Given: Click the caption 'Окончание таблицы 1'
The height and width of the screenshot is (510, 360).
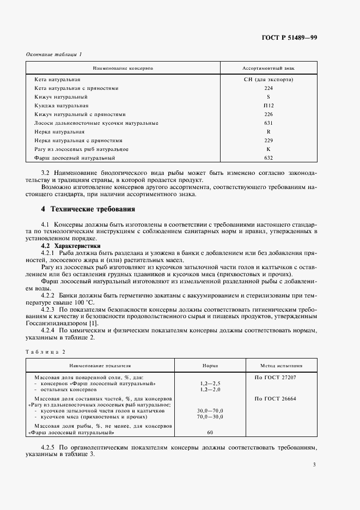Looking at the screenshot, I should [54, 54].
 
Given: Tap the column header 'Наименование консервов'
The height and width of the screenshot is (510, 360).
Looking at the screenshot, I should [123, 69].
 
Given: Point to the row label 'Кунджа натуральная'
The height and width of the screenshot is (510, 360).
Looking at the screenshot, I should [61, 106].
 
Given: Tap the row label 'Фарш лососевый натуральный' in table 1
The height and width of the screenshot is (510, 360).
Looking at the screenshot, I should [75, 158].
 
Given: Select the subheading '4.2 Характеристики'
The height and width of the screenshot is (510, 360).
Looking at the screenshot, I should [65, 246].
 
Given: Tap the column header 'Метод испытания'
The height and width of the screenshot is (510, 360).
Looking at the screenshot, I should [282, 366].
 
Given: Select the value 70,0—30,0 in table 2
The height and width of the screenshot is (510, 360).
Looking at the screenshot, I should [210, 416].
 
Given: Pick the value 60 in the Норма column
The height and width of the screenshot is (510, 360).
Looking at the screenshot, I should [210, 432].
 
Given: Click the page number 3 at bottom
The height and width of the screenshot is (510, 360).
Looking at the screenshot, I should [314, 465].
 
